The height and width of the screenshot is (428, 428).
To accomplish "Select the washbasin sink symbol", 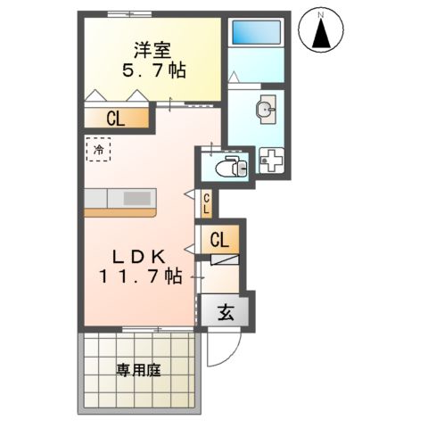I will (266, 110).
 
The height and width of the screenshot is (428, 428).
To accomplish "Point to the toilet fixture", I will (228, 166).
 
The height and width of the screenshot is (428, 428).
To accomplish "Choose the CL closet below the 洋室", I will (116, 118).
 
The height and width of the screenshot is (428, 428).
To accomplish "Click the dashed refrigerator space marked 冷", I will (98, 150).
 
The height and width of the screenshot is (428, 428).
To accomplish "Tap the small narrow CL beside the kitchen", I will (206, 204).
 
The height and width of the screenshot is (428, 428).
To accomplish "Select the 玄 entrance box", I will (226, 312).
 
